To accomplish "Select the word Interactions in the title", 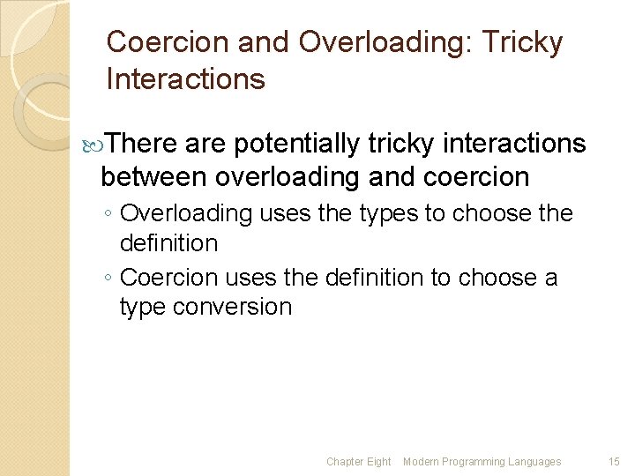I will (185, 79).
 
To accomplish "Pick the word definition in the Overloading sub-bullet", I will (168, 242).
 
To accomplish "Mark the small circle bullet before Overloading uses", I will (107, 214).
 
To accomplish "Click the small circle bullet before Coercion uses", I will (107, 279).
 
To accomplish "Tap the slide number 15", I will (614, 462).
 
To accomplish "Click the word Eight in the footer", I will (377, 462).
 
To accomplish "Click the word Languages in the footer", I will (535, 462).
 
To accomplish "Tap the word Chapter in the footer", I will (344, 462).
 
